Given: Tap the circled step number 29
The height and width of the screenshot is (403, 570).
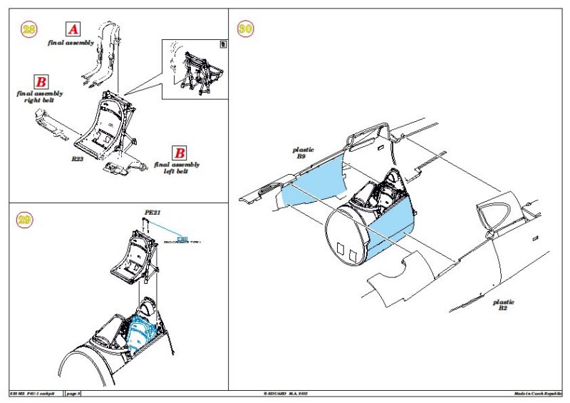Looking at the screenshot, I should coord(25,220).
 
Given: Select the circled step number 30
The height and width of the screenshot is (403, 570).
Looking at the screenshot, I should coord(245,29).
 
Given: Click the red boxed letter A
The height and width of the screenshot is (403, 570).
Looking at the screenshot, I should coord(73,29).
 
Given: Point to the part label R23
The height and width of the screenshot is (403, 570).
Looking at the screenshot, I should coord(78,159).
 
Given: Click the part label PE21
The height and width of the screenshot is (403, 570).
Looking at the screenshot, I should coord(152,212).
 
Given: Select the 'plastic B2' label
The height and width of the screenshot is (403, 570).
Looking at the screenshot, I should coord(503,305).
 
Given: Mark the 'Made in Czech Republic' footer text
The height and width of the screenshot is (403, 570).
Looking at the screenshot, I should coord(538,394).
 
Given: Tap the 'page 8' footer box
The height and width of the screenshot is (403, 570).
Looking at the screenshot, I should coord(74,394).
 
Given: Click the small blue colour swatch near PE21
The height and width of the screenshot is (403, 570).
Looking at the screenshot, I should coord(182,238).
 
